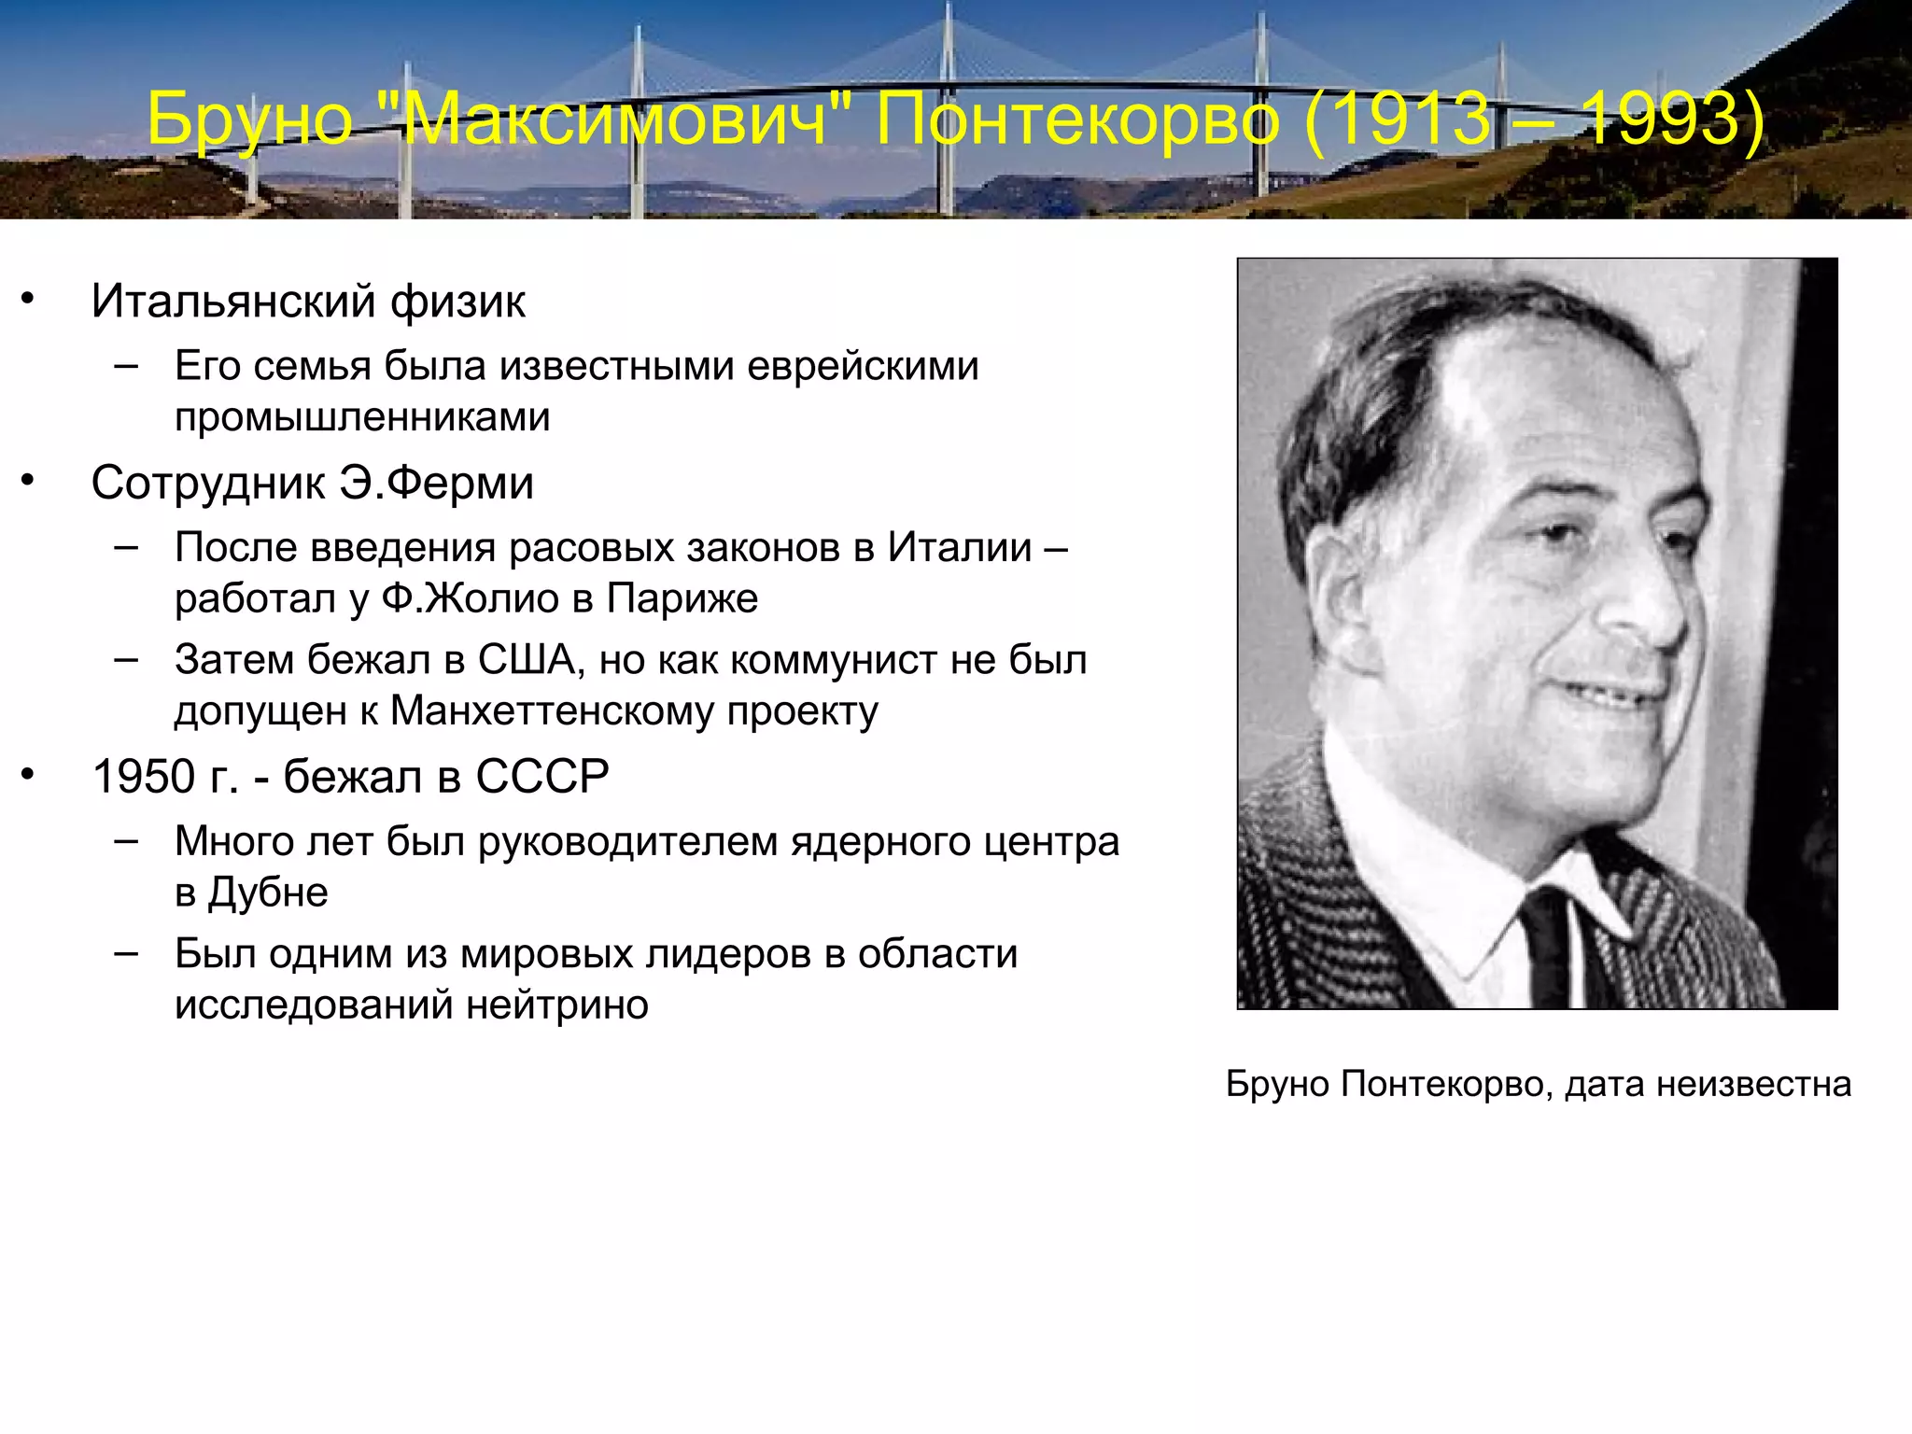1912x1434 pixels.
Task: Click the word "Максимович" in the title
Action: (617, 119)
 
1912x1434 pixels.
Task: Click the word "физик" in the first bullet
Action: (457, 302)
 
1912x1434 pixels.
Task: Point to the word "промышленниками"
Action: (362, 416)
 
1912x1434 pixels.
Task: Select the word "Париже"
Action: (682, 598)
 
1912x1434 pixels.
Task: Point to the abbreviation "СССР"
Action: (542, 777)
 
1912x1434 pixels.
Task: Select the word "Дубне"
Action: (268, 893)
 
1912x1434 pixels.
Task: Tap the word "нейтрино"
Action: (557, 1005)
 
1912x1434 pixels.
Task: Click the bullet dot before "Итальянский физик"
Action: (28, 299)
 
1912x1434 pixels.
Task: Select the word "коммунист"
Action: (834, 660)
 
